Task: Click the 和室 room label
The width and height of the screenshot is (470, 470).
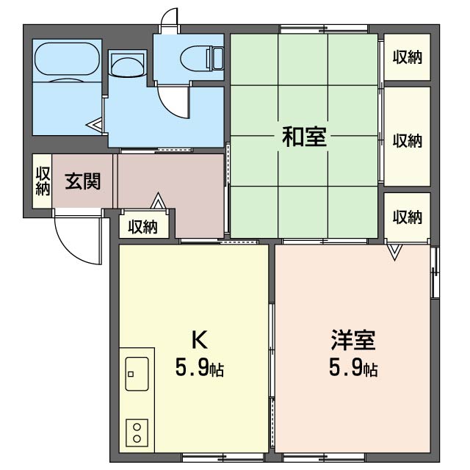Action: tap(305, 137)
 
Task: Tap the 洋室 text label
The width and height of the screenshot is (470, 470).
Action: tap(353, 342)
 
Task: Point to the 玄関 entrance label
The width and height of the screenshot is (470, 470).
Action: tap(82, 181)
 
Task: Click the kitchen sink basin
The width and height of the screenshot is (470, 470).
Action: tap(137, 375)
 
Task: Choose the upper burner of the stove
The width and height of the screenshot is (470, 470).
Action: tap(137, 425)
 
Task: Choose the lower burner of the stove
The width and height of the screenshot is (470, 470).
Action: tap(137, 438)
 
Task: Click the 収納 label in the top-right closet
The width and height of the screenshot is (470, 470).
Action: tap(407, 57)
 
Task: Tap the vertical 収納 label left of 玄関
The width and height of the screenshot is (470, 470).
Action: tap(42, 181)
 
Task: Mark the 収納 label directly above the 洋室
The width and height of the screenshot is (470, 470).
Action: tap(407, 217)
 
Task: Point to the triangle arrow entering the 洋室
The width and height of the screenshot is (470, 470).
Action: tap(395, 253)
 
